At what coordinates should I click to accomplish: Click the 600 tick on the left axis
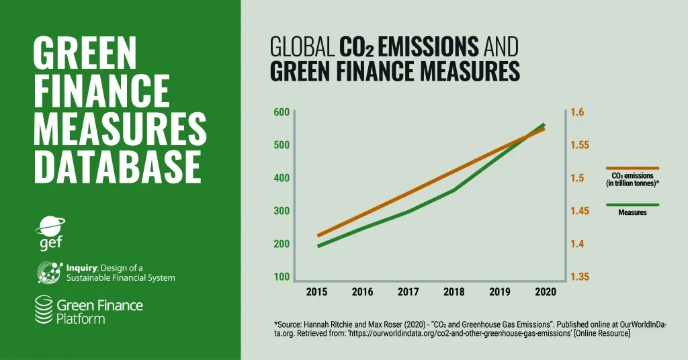(x=281, y=112)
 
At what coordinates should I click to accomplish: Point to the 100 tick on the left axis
(x=281, y=277)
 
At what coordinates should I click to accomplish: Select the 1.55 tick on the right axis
(x=580, y=145)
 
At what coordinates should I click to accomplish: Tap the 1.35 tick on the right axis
(x=580, y=277)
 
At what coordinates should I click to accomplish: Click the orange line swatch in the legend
(x=632, y=168)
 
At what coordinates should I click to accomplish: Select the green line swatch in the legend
(x=632, y=205)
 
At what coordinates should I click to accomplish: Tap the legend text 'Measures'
(x=632, y=213)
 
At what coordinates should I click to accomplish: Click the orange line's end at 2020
(x=544, y=128)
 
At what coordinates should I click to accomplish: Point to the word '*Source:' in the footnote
(x=290, y=324)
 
